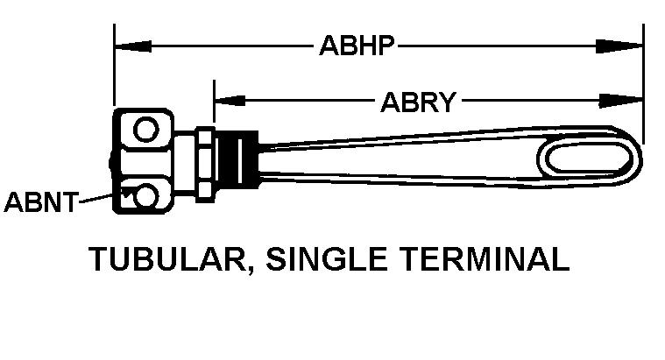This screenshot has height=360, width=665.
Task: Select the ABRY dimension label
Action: [x=419, y=102]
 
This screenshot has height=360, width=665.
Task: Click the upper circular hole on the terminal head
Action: [x=145, y=133]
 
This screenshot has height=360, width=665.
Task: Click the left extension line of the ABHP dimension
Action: [x=115, y=70]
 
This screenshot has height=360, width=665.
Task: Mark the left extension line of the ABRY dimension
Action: [x=214, y=105]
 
